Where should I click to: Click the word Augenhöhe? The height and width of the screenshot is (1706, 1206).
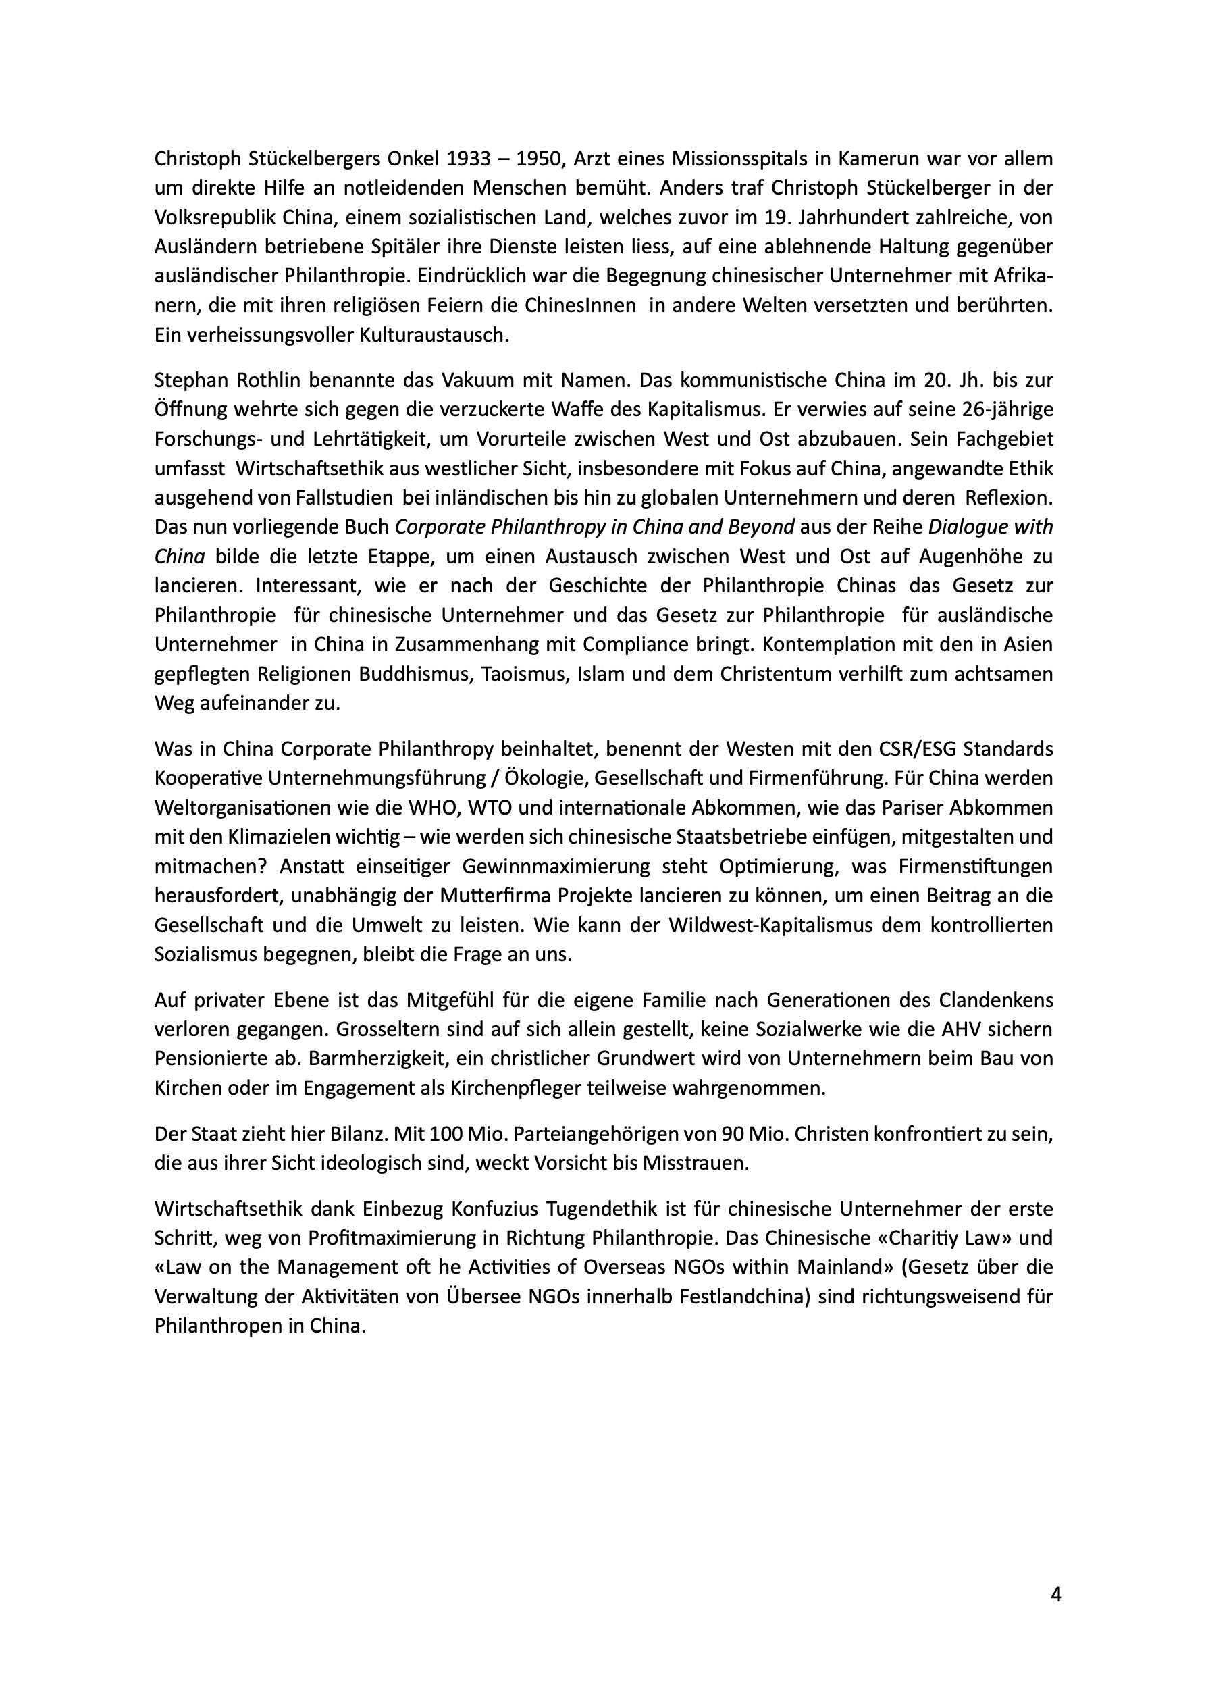click(x=970, y=557)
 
